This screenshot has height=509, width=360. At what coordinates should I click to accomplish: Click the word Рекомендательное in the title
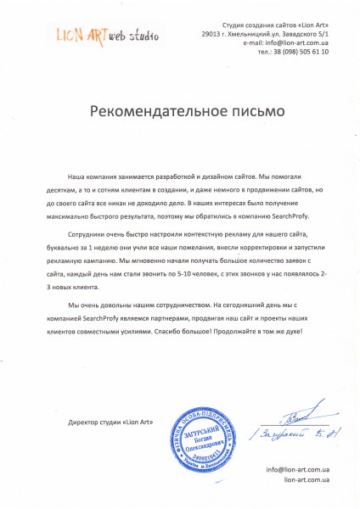pyautogui.click(x=158, y=110)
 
